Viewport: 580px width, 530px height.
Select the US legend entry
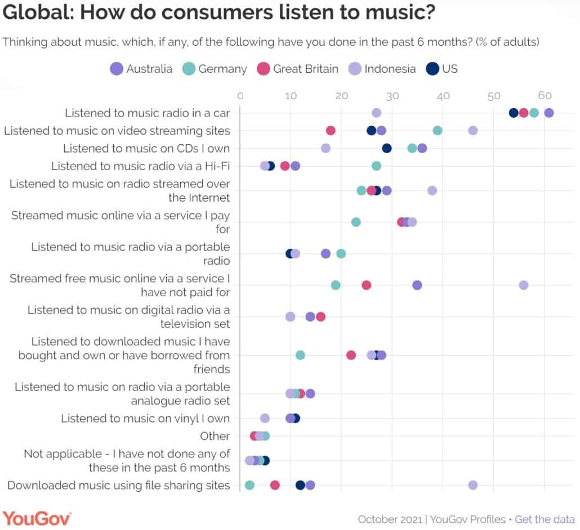[442, 69]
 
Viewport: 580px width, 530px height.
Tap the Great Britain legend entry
[298, 69]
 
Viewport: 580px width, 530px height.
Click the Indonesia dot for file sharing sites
[473, 486]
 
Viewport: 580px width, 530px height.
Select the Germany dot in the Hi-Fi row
[377, 166]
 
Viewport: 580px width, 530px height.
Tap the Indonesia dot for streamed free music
[524, 285]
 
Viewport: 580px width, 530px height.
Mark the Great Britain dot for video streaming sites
[331, 131]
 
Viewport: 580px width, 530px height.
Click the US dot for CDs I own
[387, 148]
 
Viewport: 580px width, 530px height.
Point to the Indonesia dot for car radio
[377, 113]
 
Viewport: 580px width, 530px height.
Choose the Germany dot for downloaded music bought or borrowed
[300, 355]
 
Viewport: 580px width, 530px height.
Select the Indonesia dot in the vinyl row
[265, 418]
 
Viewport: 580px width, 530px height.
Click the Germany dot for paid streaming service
[356, 222]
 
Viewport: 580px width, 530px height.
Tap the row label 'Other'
[215, 436]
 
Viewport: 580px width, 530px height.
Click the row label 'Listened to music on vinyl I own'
[145, 418]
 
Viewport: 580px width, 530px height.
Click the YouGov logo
[37, 518]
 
